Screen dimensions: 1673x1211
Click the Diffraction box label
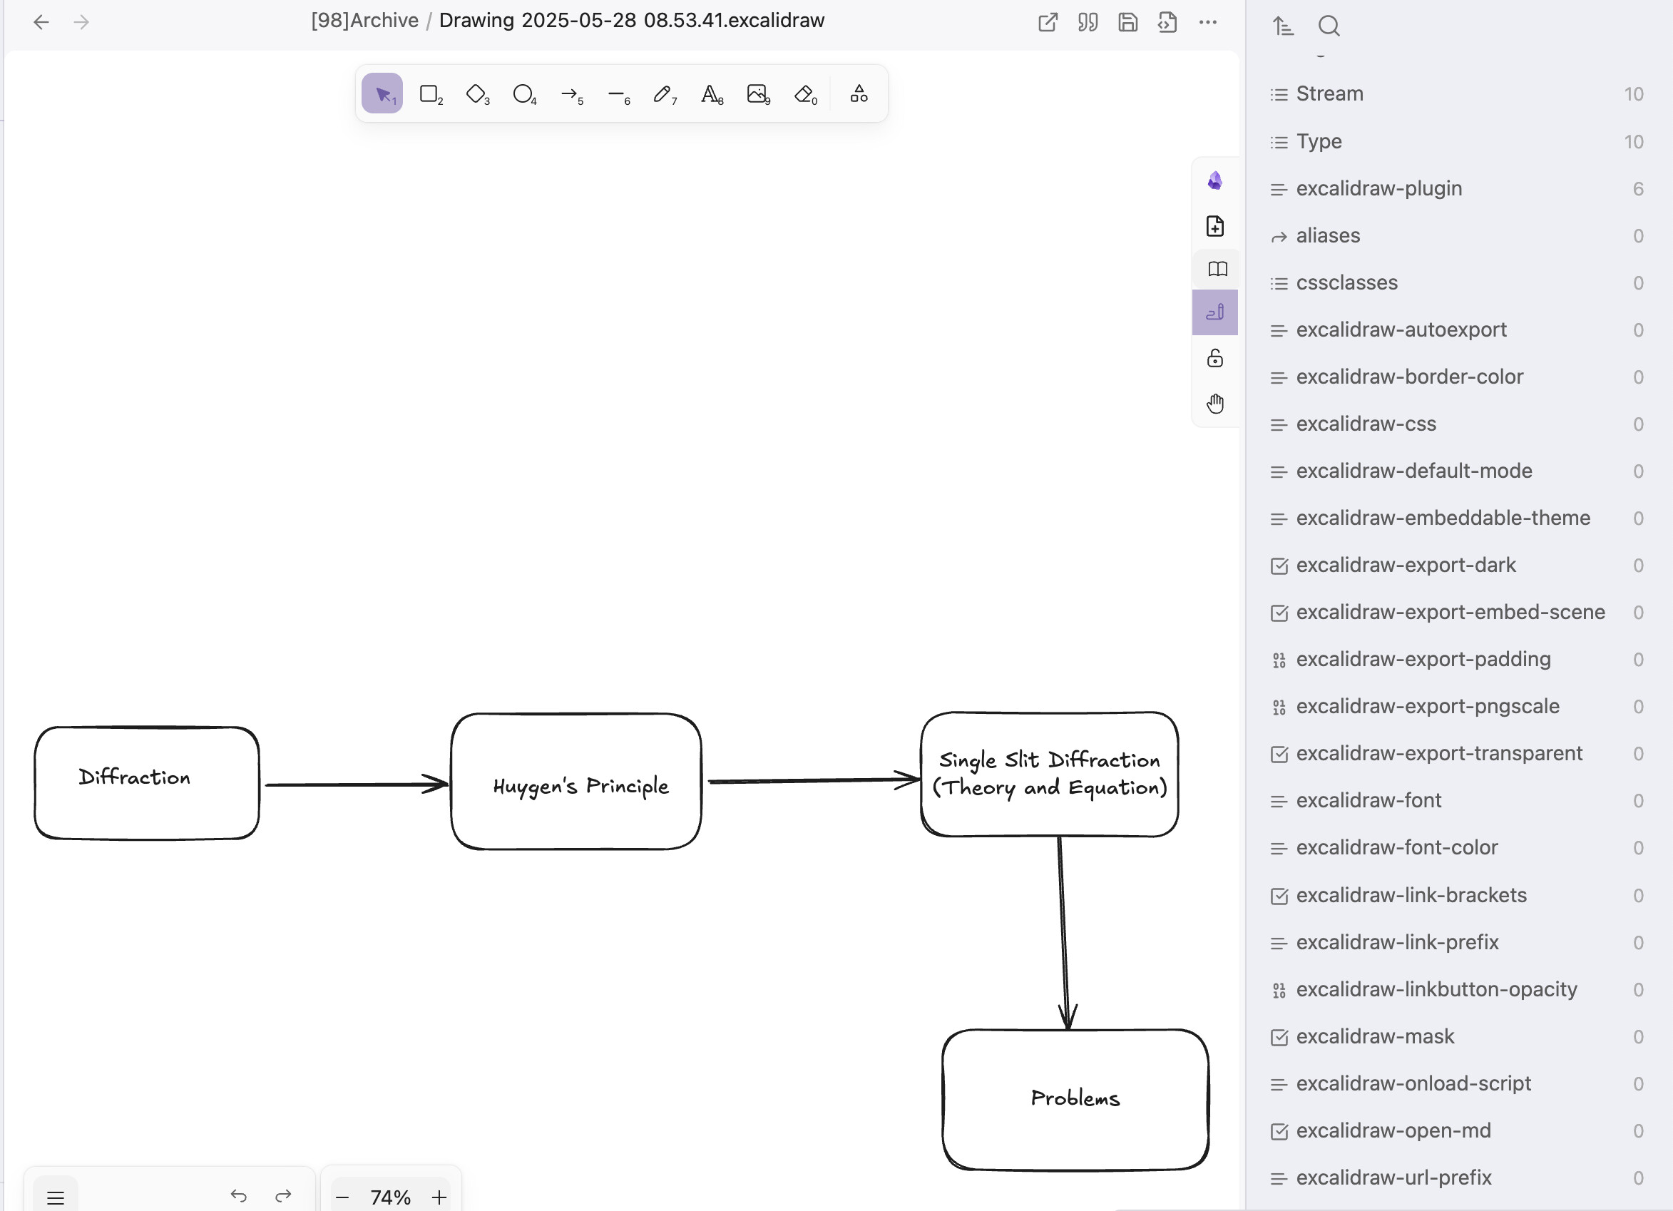[134, 777]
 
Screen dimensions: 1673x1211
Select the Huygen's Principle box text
[581, 786]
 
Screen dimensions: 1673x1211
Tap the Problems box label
[1075, 1098]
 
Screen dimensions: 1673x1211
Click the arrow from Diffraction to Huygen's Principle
[357, 784]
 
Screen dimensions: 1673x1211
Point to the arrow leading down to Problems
[1064, 933]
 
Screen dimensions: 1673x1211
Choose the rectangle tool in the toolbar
[430, 93]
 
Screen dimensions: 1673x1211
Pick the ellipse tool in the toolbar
[523, 93]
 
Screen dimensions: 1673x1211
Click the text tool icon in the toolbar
[711, 93]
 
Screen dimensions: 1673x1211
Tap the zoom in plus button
[439, 1197]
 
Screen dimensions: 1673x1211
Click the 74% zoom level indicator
[390, 1197]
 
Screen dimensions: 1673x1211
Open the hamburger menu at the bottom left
[56, 1197]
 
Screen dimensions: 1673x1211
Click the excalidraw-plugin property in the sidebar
[1378, 189]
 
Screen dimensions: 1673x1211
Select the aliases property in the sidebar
[1328, 236]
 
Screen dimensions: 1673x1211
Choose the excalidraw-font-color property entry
[1397, 848]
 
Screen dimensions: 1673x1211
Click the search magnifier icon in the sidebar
[1329, 26]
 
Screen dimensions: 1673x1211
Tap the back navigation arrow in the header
[41, 22]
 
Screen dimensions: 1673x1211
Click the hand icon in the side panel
[1215, 404]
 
